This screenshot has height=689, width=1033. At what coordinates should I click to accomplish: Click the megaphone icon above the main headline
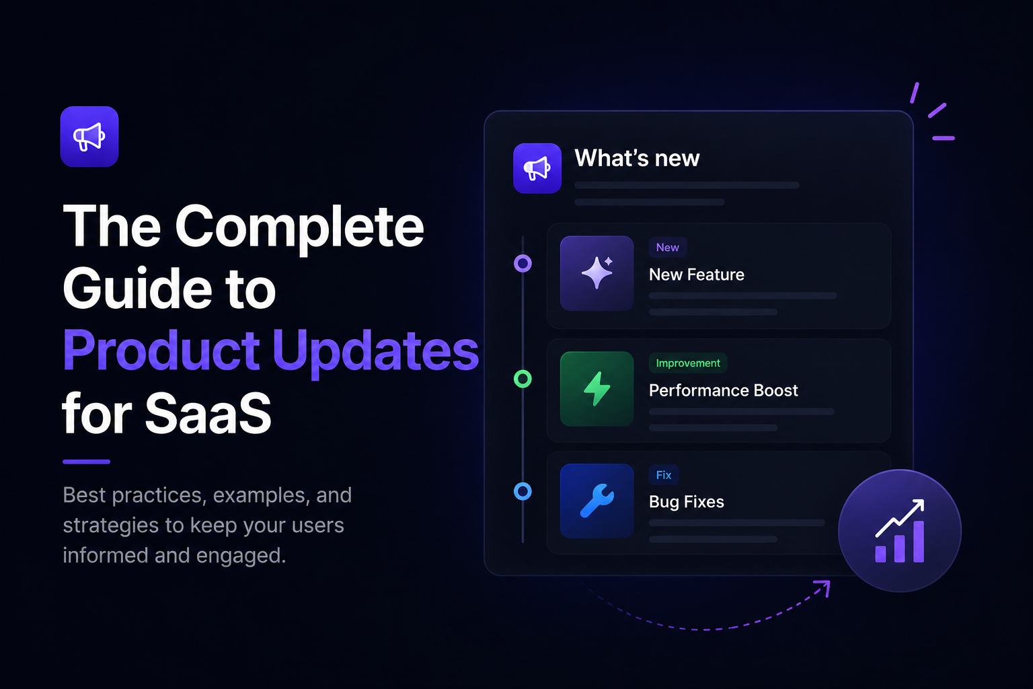(x=89, y=137)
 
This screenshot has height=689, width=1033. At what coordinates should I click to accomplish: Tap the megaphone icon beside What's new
(x=537, y=168)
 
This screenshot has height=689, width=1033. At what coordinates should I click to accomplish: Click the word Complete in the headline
(x=299, y=227)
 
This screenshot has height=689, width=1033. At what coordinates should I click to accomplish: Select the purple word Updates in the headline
(x=376, y=351)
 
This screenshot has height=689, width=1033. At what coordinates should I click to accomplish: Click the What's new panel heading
(x=637, y=158)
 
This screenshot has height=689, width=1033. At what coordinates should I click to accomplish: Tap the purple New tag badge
(x=668, y=248)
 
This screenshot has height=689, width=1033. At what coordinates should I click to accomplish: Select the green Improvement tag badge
(x=688, y=363)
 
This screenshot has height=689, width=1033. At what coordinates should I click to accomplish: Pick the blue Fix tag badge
(x=664, y=475)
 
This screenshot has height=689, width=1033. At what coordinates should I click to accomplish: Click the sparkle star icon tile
(x=597, y=273)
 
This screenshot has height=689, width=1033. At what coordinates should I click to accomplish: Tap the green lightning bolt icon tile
(x=597, y=389)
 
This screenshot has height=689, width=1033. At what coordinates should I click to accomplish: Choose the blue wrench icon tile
(x=597, y=501)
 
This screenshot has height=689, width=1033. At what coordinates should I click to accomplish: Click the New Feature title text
(x=696, y=275)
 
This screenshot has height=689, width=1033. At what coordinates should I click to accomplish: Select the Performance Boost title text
(x=723, y=390)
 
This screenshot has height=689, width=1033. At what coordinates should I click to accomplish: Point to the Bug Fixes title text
(x=686, y=502)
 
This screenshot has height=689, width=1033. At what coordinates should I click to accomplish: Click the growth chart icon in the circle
(x=899, y=531)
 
